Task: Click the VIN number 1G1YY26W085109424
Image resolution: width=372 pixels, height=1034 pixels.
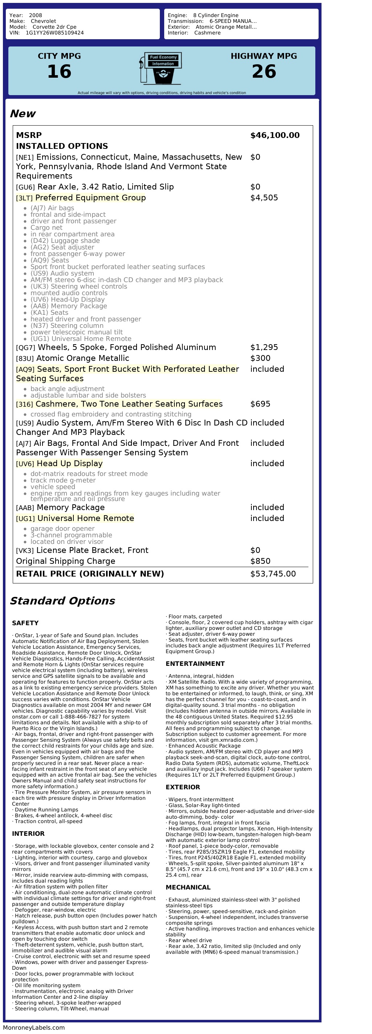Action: pyautogui.click(x=54, y=33)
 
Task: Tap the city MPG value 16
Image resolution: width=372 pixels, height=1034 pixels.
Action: pyautogui.click(x=60, y=72)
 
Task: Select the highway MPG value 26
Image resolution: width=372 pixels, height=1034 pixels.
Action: pyautogui.click(x=264, y=72)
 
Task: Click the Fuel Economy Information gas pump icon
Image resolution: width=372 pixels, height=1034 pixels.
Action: pyautogui.click(x=161, y=68)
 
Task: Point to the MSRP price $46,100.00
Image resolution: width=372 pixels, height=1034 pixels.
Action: pyautogui.click(x=275, y=135)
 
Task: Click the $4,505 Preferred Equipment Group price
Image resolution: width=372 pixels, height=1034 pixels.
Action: pyautogui.click(x=264, y=198)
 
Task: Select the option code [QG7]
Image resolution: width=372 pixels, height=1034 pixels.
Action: pyautogui.click(x=25, y=347)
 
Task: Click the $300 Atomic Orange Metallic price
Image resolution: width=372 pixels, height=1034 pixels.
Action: pyautogui.click(x=260, y=358)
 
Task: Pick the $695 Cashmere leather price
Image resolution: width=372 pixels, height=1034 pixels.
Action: pyautogui.click(x=260, y=404)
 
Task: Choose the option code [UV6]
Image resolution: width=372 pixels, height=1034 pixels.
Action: pyautogui.click(x=25, y=464)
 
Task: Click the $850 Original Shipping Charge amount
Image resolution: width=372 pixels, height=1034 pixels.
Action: pyautogui.click(x=260, y=561)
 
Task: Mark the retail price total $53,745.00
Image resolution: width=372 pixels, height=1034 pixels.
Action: pyautogui.click(x=273, y=574)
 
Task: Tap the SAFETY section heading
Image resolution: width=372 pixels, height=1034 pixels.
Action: pyautogui.click(x=25, y=623)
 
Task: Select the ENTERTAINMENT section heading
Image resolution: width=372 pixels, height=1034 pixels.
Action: pyautogui.click(x=195, y=664)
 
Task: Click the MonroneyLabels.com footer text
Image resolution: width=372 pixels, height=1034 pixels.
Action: pyautogui.click(x=34, y=1027)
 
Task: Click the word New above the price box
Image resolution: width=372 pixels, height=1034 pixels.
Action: pyautogui.click(x=23, y=114)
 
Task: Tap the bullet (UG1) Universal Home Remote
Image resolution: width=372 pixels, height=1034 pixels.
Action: pyautogui.click(x=81, y=339)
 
